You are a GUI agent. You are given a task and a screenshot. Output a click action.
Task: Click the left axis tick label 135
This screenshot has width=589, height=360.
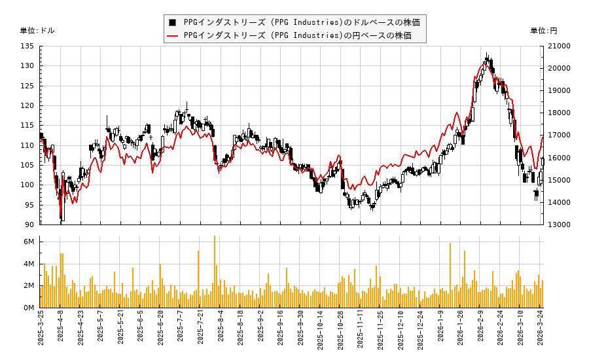(x=27, y=46)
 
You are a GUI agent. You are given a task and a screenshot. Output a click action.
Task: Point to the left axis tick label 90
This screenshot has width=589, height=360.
(x=30, y=225)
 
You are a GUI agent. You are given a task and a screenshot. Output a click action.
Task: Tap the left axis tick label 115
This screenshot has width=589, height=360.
(x=27, y=126)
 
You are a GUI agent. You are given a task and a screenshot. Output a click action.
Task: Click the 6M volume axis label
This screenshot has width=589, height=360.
(x=29, y=242)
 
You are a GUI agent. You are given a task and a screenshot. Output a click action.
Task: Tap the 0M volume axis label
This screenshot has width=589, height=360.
(x=29, y=308)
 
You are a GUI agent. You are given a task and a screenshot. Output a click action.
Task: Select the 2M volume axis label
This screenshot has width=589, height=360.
(x=29, y=286)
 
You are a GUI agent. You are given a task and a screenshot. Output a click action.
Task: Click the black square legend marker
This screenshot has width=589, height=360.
(x=172, y=22)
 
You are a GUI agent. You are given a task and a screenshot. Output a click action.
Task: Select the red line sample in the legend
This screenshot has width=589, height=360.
(x=172, y=35)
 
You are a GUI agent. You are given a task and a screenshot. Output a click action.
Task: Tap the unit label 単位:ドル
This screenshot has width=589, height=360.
(x=37, y=31)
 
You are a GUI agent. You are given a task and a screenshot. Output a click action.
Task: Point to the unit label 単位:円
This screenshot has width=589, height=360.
(x=544, y=31)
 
